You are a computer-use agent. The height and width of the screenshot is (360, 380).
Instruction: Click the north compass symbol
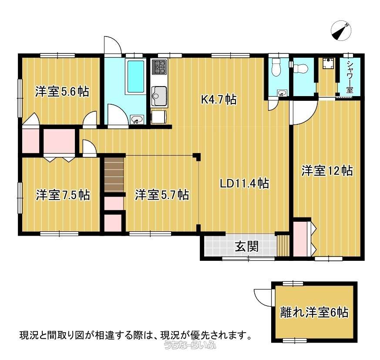[341, 30]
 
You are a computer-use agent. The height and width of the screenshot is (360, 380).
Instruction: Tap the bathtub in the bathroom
[136, 77]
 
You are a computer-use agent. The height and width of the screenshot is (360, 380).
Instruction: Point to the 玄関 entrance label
[247, 247]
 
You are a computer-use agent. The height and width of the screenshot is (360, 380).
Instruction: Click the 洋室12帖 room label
[327, 171]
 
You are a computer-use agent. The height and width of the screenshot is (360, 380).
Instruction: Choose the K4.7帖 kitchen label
[219, 99]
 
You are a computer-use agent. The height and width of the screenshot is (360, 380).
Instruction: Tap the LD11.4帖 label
[244, 183]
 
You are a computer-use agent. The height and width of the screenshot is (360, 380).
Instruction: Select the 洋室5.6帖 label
[62, 91]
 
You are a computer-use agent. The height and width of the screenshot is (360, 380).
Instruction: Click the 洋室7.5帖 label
[63, 195]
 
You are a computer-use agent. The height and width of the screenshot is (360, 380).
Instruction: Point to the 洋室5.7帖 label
[162, 195]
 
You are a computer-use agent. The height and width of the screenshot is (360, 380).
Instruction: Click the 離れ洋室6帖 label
[314, 312]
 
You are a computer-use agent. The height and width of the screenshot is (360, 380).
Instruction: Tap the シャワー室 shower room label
[350, 77]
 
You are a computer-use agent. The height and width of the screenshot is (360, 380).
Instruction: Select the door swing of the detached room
[263, 297]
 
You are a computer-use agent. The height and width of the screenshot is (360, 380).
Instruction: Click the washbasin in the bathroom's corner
[137, 120]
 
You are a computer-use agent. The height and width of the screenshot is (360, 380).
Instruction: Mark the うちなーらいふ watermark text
[190, 345]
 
